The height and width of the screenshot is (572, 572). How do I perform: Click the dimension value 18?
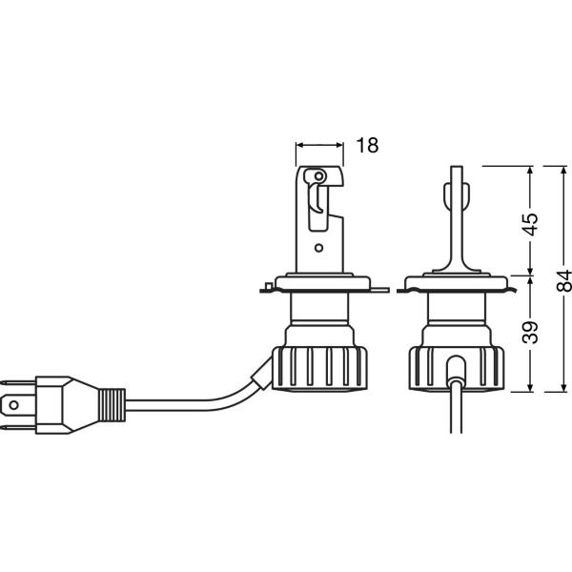tap(367, 145)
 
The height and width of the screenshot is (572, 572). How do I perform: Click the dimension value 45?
tap(530, 224)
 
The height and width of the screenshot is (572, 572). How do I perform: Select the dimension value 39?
tap(530, 333)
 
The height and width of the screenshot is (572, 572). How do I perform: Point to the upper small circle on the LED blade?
tap(318, 176)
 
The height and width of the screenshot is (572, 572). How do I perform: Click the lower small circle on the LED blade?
tap(318, 248)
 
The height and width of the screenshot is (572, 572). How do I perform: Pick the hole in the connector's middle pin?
tap(14, 405)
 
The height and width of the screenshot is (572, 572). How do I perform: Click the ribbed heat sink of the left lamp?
tap(319, 369)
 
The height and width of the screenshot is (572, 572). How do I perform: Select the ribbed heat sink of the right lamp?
tap(457, 369)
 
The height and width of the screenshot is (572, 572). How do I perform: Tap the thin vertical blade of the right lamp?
tap(457, 219)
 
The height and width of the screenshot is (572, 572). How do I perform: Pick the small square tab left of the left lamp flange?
tap(268, 286)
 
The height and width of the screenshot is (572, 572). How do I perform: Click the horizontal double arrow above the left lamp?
tap(319, 145)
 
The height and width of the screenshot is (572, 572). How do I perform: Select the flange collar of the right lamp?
tap(457, 283)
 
